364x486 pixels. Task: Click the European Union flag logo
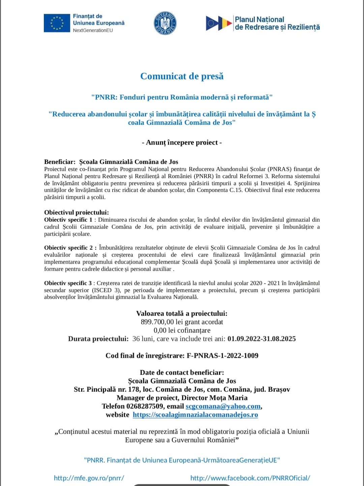[x=57, y=23]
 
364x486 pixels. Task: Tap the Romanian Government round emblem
[x=165, y=23]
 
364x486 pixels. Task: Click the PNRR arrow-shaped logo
[x=219, y=23]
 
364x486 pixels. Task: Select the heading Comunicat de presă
[x=182, y=76]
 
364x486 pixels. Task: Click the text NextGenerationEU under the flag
[x=93, y=30]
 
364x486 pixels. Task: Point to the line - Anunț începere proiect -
[x=182, y=142]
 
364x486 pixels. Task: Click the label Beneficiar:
[x=60, y=162]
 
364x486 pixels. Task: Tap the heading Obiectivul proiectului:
[x=77, y=212]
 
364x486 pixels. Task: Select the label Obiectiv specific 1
[x=68, y=220]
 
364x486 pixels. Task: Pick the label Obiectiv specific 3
[x=68, y=283]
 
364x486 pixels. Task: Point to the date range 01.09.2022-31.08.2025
[x=262, y=339]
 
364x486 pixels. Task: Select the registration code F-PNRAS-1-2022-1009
[x=222, y=355]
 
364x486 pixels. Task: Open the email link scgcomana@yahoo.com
[x=223, y=406]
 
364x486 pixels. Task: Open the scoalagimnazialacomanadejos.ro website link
[x=195, y=414]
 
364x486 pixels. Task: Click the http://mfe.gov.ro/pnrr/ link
[x=89, y=478]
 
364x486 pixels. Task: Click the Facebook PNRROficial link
[x=250, y=478]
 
